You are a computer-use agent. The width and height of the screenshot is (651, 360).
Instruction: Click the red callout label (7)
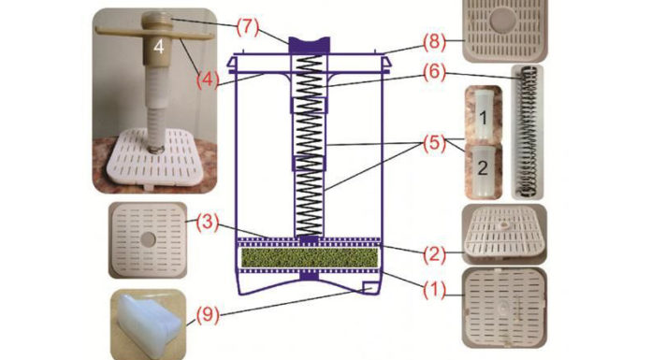[x=248, y=28]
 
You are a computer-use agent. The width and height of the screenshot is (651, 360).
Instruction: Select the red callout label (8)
[x=435, y=42]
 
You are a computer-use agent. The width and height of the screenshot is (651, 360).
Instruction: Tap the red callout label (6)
[x=435, y=74]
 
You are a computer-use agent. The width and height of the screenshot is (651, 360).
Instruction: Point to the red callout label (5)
[x=435, y=144]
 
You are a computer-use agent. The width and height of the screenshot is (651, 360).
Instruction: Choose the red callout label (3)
[x=208, y=223]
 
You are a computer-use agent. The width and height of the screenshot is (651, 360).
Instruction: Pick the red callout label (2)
[x=435, y=253]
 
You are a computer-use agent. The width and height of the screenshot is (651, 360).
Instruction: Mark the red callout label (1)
[x=435, y=290]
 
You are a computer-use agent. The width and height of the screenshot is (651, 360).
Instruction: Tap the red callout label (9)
[x=208, y=315]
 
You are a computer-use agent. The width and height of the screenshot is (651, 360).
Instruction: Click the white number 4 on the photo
[x=159, y=47]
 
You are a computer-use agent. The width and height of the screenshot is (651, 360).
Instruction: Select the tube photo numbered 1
[x=484, y=114]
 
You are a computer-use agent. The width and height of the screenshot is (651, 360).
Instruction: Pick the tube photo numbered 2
[x=484, y=171]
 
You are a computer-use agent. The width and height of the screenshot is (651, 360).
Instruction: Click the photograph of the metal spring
[x=527, y=132]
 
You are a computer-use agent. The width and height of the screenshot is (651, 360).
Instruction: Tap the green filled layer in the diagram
[x=310, y=257]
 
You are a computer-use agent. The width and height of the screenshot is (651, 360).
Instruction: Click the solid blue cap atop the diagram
[x=310, y=45]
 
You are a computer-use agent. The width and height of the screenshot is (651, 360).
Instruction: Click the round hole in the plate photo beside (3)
[x=148, y=238]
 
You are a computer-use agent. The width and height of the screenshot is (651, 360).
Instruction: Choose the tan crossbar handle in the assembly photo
[x=154, y=34]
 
